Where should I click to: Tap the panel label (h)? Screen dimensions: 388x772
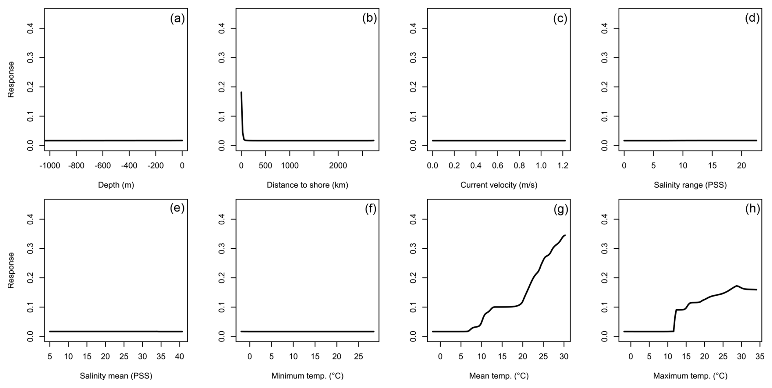click(x=752, y=209)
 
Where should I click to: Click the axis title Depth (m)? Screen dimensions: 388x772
click(x=116, y=185)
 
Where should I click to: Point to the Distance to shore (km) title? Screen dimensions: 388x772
click(x=307, y=185)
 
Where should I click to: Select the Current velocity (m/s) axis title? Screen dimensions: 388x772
click(x=499, y=185)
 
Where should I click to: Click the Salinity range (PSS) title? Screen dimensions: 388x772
click(x=690, y=185)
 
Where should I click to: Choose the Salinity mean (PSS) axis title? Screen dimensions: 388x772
click(x=116, y=376)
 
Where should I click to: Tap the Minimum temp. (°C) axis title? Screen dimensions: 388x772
click(x=307, y=376)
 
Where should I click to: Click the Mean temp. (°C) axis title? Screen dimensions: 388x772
click(x=499, y=376)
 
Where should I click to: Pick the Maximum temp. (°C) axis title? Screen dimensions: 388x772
click(x=690, y=376)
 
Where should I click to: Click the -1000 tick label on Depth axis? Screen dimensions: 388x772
click(x=50, y=165)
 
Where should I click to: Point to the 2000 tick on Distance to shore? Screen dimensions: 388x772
click(x=338, y=165)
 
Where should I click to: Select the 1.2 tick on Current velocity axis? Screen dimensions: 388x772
click(x=562, y=165)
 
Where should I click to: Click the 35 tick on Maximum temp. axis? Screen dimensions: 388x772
click(x=760, y=356)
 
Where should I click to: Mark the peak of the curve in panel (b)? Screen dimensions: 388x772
click(x=241, y=92)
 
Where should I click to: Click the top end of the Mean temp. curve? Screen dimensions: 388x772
click(x=565, y=235)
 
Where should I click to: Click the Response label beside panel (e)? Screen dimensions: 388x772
click(x=11, y=270)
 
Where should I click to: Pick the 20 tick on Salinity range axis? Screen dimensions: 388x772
click(x=741, y=165)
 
